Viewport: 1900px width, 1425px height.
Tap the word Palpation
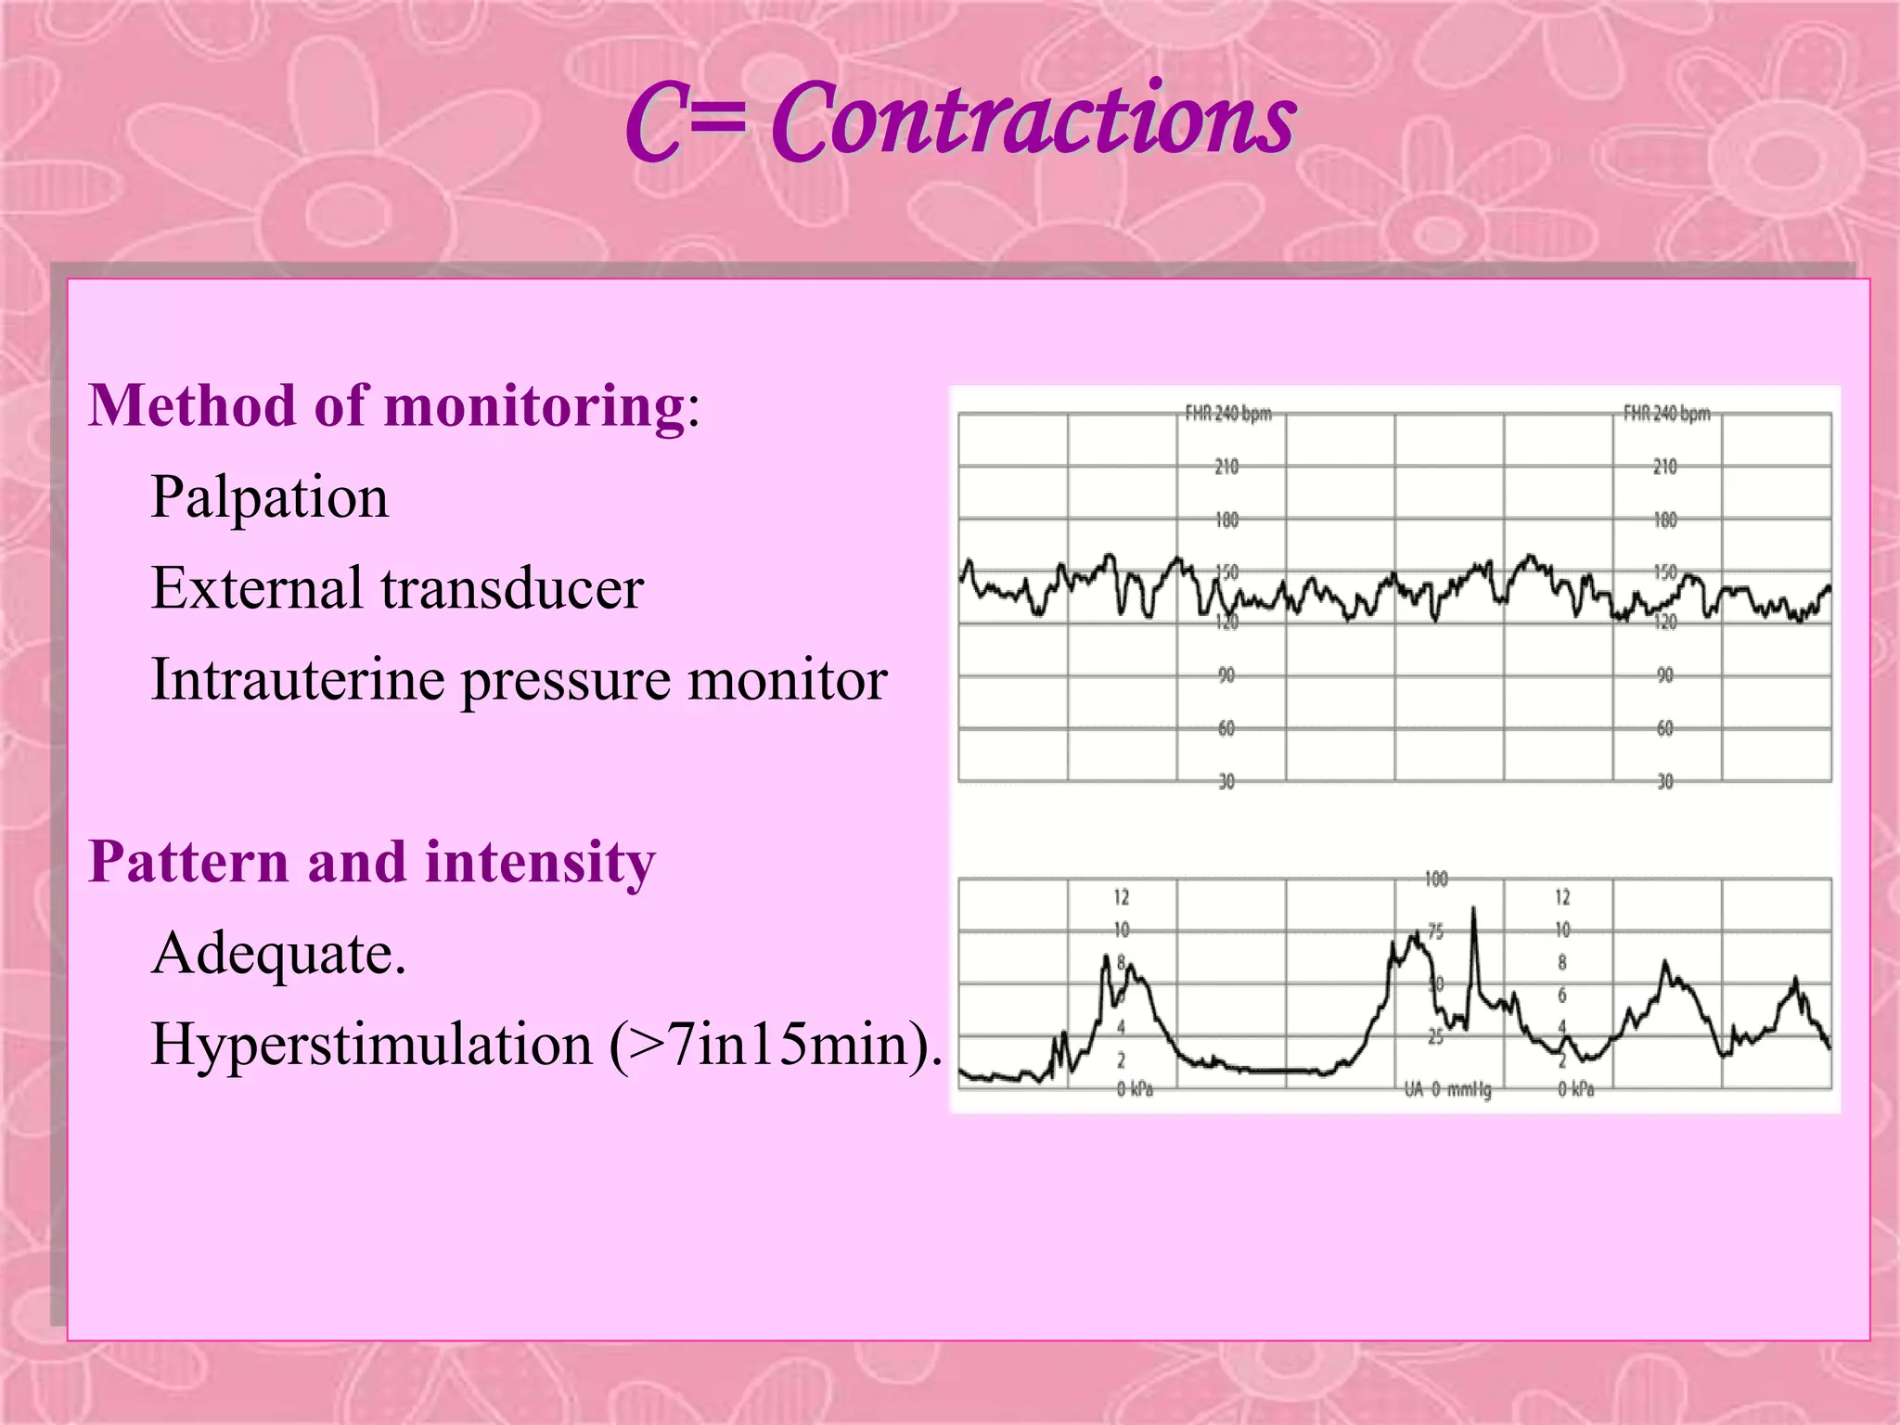click(x=270, y=497)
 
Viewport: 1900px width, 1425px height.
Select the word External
click(x=257, y=588)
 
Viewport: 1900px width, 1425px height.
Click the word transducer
click(x=512, y=588)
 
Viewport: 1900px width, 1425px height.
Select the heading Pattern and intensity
click(x=372, y=862)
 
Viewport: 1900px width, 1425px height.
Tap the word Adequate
click(x=278, y=953)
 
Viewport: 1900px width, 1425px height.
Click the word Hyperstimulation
click(x=372, y=1044)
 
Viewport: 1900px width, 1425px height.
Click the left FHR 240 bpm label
click(x=1228, y=414)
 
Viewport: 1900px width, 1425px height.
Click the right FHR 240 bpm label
click(x=1666, y=414)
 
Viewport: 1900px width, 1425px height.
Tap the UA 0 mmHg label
click(x=1447, y=1089)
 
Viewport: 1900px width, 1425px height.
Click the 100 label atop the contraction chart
click(x=1436, y=879)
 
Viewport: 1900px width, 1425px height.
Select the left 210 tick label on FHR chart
click(x=1226, y=467)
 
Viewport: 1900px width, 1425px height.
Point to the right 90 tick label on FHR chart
click(x=1665, y=675)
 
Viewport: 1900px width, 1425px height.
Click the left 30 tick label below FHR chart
click(x=1226, y=782)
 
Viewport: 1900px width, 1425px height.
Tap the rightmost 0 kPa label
click(x=1576, y=1089)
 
